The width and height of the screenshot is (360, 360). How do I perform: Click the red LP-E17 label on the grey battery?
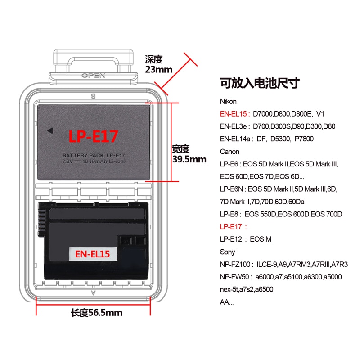point(94,135)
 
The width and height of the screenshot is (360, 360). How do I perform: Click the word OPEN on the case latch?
point(93,76)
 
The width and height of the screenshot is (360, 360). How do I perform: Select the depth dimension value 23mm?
point(158,69)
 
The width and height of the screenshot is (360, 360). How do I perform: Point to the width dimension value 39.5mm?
point(189,159)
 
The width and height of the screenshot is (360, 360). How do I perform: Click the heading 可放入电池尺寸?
point(260,83)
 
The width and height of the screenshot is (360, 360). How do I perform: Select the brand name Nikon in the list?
point(228,102)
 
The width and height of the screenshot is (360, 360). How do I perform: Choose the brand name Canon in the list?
point(229,152)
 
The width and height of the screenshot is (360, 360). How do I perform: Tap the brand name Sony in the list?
point(228,252)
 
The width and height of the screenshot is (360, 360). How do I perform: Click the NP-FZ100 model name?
point(236,264)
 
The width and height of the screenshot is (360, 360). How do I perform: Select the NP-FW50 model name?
point(235,277)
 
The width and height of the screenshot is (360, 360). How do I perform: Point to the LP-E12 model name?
point(231,239)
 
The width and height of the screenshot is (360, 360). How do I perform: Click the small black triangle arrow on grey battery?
point(50,131)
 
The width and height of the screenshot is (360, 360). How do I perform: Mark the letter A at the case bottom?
point(93,292)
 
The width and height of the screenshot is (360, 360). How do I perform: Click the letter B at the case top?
point(93,96)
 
